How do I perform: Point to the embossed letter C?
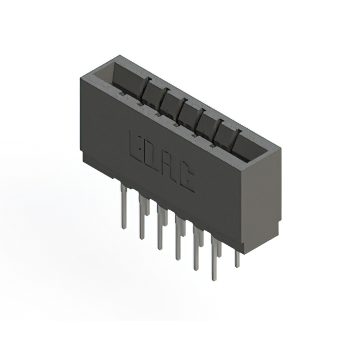[187, 178]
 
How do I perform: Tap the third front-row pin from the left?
[160, 227]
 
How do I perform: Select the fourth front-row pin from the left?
[178, 238]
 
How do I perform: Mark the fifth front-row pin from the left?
[196, 249]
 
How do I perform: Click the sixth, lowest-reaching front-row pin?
[214, 259]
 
